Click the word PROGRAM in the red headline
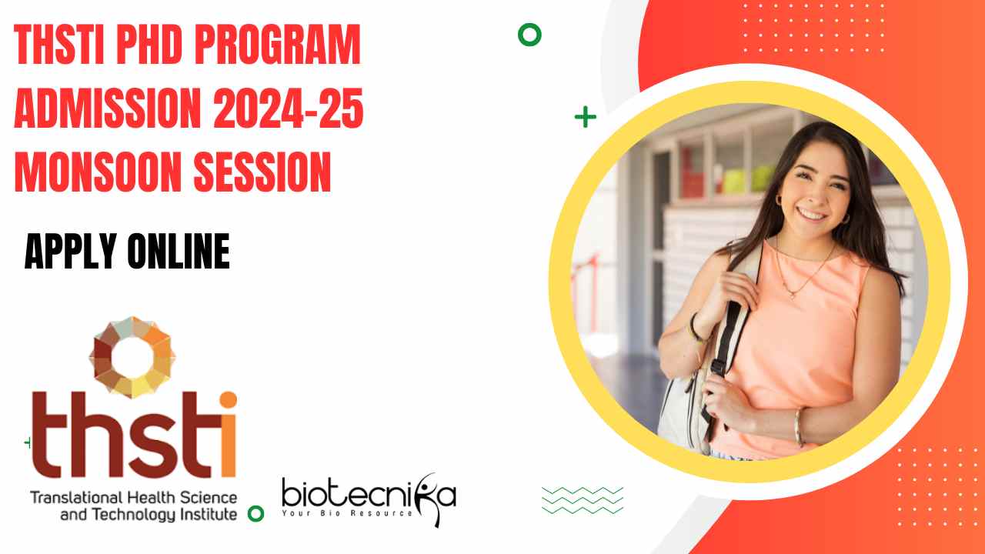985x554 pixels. pyautogui.click(x=278, y=45)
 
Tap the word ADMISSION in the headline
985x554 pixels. pyautogui.click(x=108, y=108)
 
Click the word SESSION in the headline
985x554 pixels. pyautogui.click(x=262, y=172)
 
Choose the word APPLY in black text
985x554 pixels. pyautogui.click(x=70, y=251)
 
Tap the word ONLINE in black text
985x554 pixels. pyautogui.click(x=179, y=251)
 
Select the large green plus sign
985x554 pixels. pyautogui.click(x=586, y=117)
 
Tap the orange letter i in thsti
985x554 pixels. pyautogui.click(x=229, y=435)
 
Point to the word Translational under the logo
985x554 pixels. pyautogui.click(x=76, y=498)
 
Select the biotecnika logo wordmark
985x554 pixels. pyautogui.click(x=369, y=495)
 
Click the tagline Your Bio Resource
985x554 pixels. pyautogui.click(x=347, y=513)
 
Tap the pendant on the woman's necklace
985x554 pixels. pyautogui.click(x=793, y=295)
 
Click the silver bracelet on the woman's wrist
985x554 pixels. pyautogui.click(x=798, y=428)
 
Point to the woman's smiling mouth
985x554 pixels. pyautogui.click(x=812, y=215)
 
